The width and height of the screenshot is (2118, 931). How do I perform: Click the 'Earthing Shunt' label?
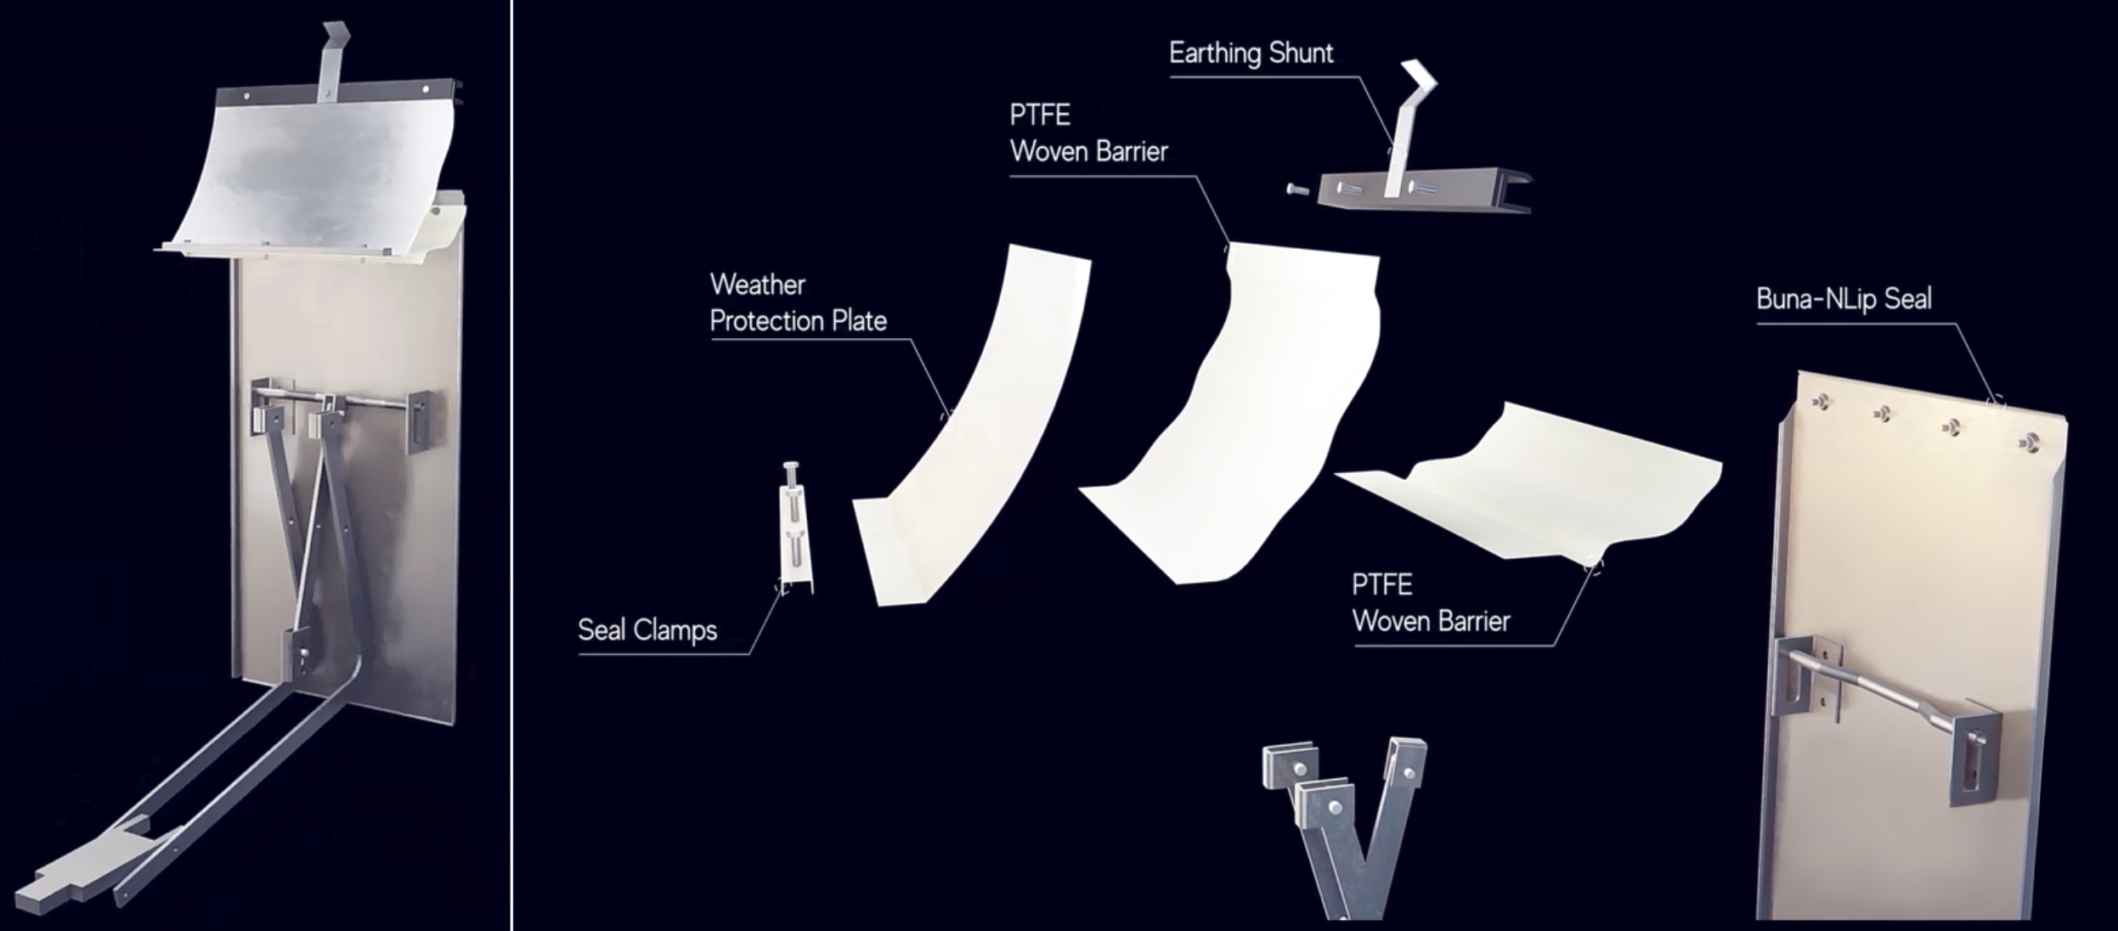point(1251,54)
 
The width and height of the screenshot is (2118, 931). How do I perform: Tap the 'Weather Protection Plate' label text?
point(798,302)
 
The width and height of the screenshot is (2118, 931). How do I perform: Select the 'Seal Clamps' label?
point(647,630)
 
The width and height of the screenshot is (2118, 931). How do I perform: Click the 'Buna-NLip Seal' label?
point(1844,299)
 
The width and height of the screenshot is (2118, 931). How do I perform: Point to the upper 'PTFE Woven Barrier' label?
point(1088,133)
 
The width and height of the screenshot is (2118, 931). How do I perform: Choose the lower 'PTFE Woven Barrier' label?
point(1431,603)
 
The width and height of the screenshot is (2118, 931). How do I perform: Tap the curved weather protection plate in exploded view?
point(969,425)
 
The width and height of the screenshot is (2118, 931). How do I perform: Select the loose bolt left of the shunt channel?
point(1299,189)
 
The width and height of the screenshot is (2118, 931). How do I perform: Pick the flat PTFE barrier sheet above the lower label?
point(1529,484)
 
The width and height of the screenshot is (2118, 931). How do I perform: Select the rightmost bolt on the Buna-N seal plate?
point(2030,442)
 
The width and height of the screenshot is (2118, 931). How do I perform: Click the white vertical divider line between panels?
point(511,465)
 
